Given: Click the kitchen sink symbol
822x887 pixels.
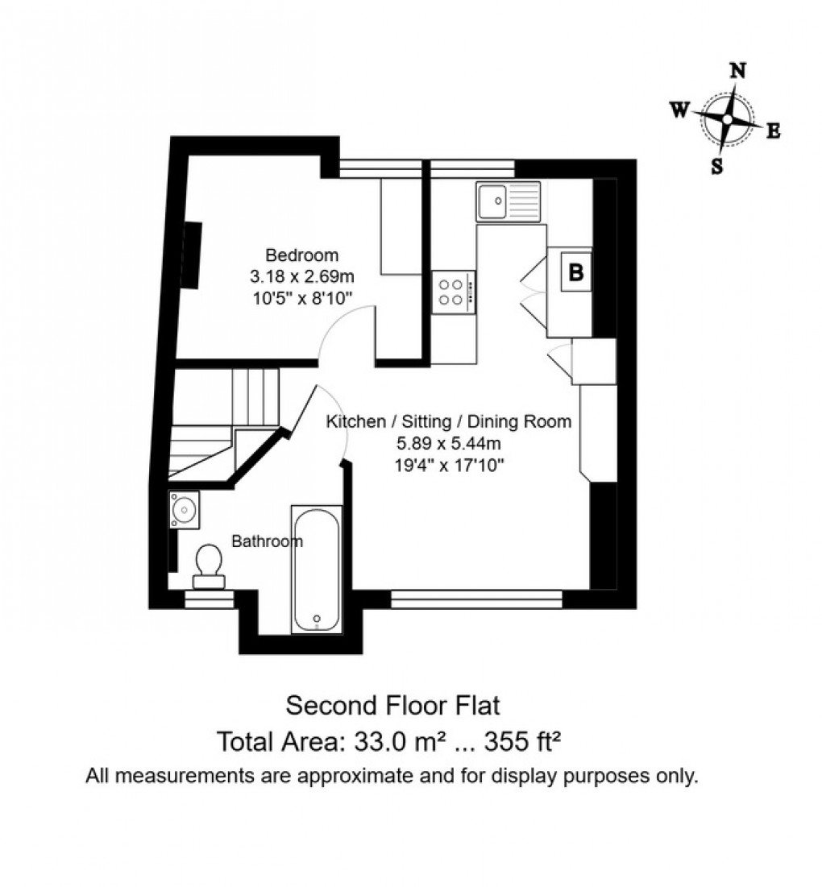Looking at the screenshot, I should point(508,201).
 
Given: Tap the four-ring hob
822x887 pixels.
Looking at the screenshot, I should point(453,292).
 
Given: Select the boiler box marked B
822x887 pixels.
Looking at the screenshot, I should point(575,272).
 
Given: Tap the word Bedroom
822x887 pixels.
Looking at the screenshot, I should point(302,256).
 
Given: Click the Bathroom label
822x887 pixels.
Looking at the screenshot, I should point(267,541).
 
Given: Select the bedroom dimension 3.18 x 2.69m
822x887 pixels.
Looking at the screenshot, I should point(302,276).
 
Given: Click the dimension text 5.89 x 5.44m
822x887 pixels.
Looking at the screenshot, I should point(448,442).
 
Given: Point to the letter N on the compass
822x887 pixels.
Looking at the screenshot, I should point(737,70).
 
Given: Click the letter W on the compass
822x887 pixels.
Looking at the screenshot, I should point(679,110).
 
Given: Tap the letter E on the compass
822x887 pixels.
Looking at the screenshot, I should point(772,132).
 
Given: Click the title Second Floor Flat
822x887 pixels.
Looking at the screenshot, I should point(393,706).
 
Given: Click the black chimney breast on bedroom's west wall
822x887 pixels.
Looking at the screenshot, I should point(191,254).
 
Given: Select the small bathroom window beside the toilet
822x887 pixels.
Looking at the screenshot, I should point(210,599).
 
